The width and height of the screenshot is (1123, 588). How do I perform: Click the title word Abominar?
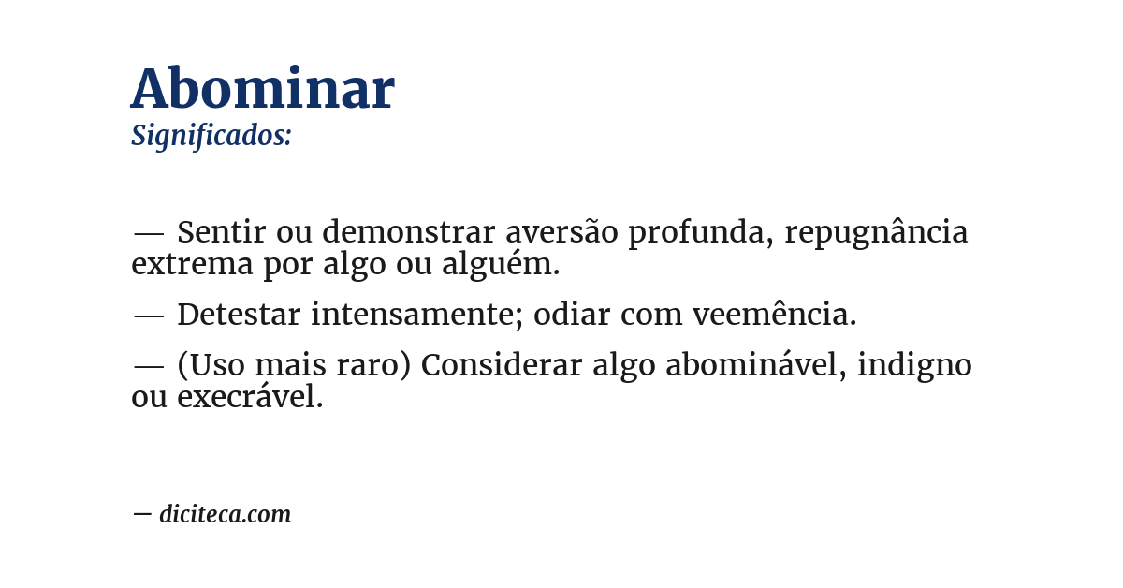(x=263, y=90)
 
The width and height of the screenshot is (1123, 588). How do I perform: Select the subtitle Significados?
(x=211, y=136)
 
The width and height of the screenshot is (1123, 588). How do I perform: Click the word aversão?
(x=561, y=232)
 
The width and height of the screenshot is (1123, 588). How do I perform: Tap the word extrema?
(x=192, y=265)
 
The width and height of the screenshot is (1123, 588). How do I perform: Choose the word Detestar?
(x=239, y=316)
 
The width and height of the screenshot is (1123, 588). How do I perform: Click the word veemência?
(x=775, y=316)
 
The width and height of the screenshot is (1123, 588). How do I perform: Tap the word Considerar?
(x=502, y=365)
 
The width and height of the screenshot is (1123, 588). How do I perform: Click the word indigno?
(x=914, y=366)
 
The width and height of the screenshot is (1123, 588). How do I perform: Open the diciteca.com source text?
(x=225, y=515)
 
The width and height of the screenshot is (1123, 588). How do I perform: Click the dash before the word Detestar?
(x=149, y=316)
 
